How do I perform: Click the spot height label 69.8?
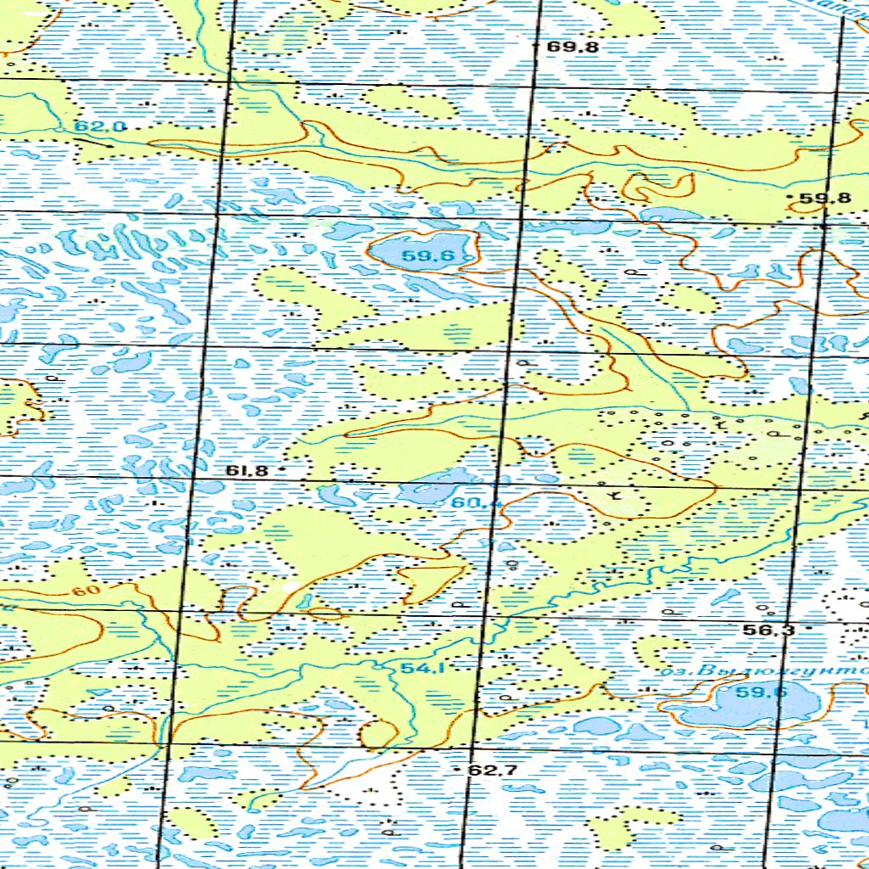pyautogui.click(x=573, y=48)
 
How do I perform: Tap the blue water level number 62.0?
pyautogui.click(x=99, y=126)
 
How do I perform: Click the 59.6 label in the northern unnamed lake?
pyautogui.click(x=429, y=257)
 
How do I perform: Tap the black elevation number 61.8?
pyautogui.click(x=247, y=470)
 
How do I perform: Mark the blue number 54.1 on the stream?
pyautogui.click(x=423, y=669)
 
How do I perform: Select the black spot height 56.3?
pyautogui.click(x=768, y=630)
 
